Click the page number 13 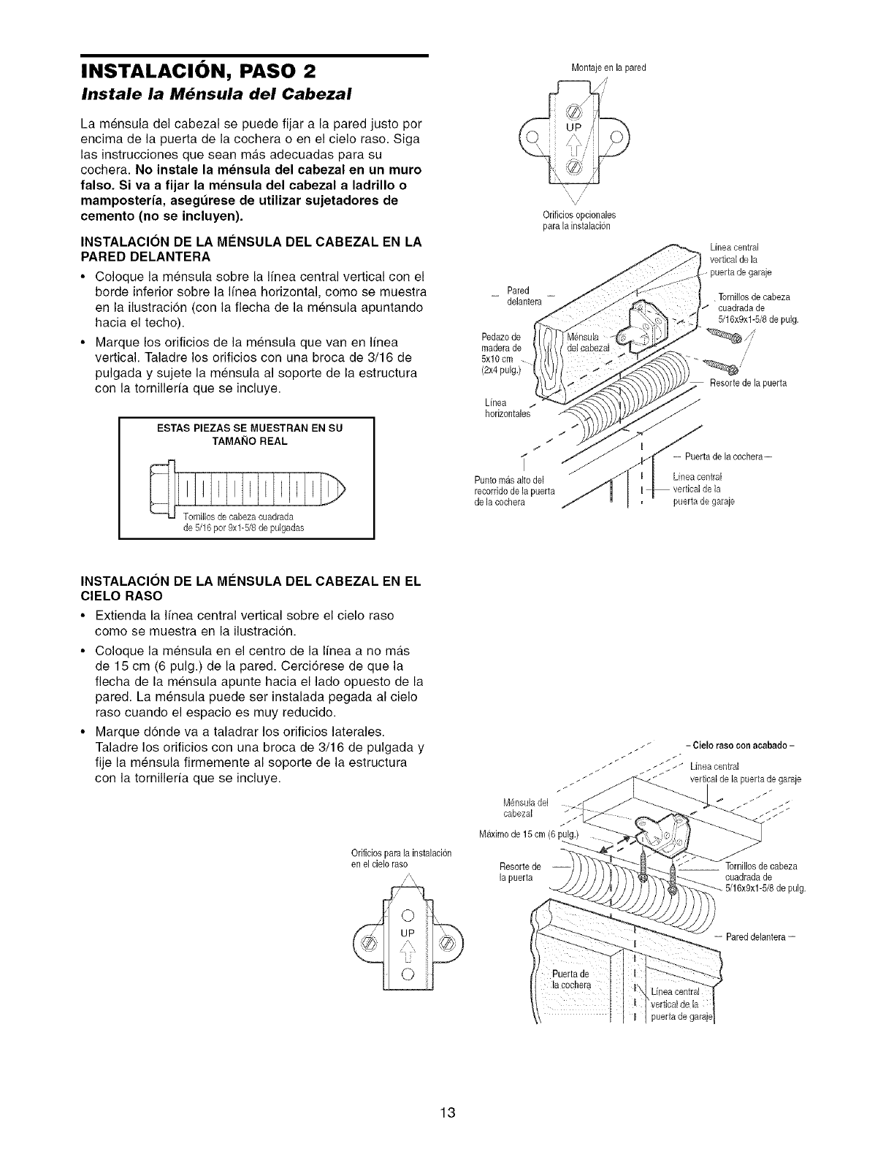pos(447,1114)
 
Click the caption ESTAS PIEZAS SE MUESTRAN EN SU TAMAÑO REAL pos(245,435)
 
